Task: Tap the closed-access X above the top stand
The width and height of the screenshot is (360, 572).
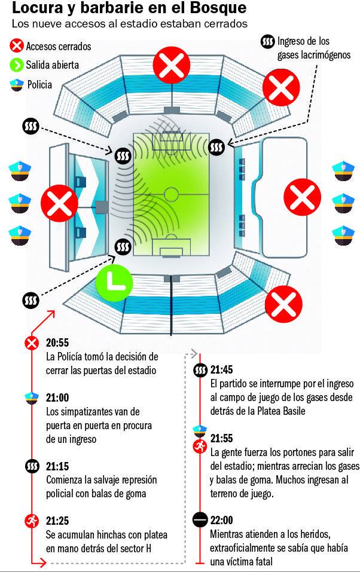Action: coord(172,66)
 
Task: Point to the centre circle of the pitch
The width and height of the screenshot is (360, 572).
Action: coord(171,194)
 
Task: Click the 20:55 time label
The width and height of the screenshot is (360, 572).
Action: coord(57,342)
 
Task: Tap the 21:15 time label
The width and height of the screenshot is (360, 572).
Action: coord(57,465)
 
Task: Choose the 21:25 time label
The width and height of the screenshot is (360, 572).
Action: coord(57,521)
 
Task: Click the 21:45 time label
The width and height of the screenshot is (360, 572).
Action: coord(221,369)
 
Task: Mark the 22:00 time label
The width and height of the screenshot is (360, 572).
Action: coord(221,519)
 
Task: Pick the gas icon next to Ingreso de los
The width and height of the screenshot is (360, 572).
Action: coord(267,42)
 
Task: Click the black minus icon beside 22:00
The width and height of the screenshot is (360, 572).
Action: coord(200,519)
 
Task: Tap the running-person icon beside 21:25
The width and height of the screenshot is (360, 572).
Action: coord(31,521)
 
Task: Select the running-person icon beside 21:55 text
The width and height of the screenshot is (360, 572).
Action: coord(200,447)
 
